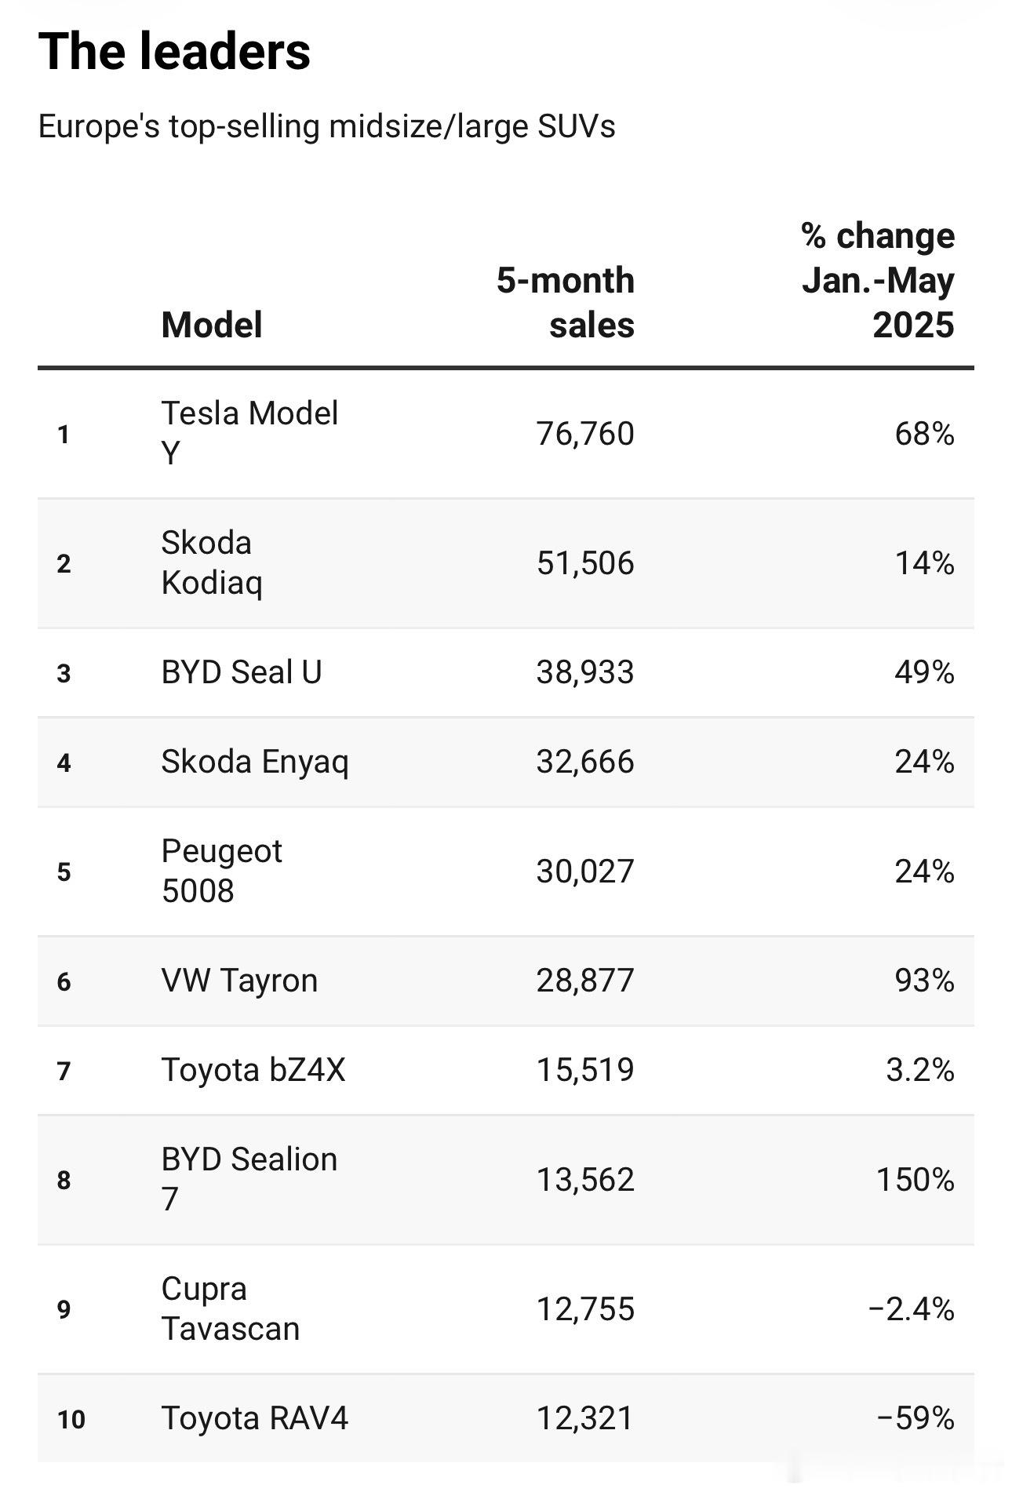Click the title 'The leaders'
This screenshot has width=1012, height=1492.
[174, 52]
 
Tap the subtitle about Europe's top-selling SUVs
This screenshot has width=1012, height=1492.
[326, 126]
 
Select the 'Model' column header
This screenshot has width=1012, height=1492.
[212, 325]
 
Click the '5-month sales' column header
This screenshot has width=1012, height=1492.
[566, 303]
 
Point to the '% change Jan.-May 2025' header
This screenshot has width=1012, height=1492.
[878, 280]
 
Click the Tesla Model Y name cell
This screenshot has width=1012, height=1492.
[249, 433]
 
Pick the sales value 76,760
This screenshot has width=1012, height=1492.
[585, 434]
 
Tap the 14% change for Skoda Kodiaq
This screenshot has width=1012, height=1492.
[925, 563]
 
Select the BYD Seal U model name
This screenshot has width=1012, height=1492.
[242, 672]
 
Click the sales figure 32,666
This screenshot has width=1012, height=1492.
[585, 762]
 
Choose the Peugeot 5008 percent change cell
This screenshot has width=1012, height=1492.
[925, 872]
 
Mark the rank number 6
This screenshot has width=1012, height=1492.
[64, 981]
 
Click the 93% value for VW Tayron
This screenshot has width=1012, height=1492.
[925, 981]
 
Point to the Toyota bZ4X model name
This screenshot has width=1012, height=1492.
[253, 1070]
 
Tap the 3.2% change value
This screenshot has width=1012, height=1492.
[920, 1070]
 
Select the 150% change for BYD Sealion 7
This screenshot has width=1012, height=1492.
[916, 1180]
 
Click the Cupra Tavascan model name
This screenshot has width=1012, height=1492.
[231, 1308]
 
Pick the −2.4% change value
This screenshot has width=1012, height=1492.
[912, 1309]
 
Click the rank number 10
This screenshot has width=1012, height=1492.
[71, 1419]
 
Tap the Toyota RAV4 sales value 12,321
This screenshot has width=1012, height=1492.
[585, 1418]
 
